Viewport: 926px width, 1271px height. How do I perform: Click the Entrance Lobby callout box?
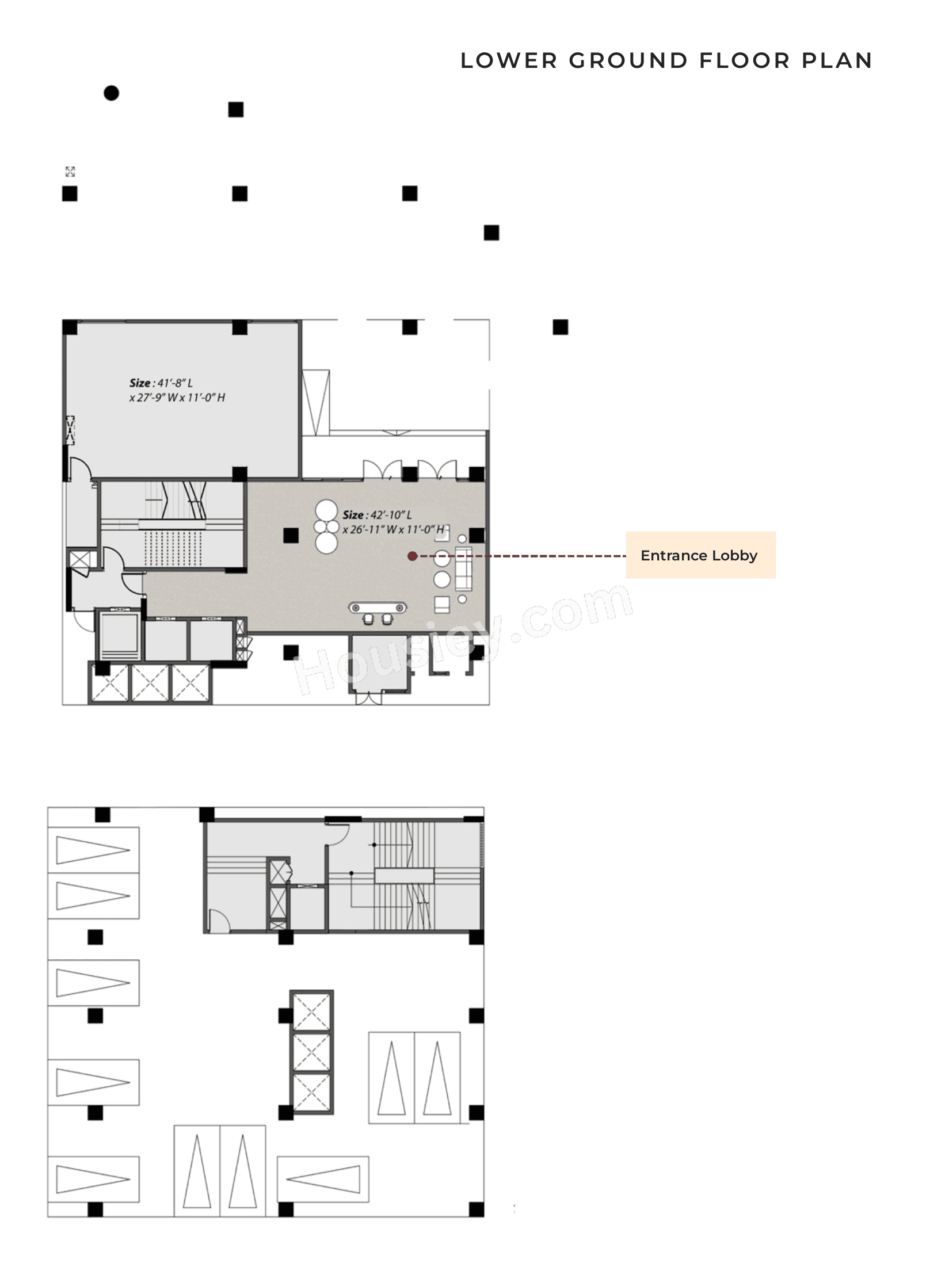(x=700, y=555)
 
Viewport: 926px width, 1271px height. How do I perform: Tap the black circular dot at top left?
(x=111, y=93)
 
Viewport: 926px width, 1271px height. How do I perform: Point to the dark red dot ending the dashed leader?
(x=412, y=556)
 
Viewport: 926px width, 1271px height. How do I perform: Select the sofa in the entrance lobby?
(x=463, y=568)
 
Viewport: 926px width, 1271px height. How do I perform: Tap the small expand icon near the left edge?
(x=70, y=171)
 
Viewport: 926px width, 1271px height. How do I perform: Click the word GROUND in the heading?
(x=628, y=60)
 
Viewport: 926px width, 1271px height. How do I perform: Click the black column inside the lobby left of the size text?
(x=291, y=536)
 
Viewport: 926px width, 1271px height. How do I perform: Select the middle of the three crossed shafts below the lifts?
(x=150, y=684)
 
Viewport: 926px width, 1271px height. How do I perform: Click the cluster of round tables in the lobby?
(x=326, y=526)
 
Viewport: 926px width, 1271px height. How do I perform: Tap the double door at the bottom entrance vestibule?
(x=368, y=698)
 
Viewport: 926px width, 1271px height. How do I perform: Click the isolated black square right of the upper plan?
(x=560, y=327)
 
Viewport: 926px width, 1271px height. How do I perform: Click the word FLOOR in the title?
(x=745, y=60)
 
